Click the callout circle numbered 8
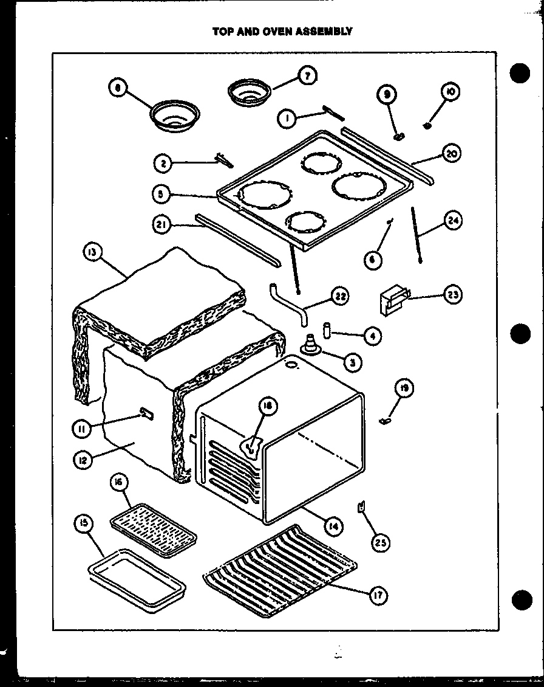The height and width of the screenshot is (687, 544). coord(118,89)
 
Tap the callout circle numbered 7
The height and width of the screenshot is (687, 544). coord(307,76)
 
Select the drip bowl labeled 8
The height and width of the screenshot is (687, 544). coord(175,116)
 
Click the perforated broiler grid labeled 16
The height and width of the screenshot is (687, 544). coord(154,526)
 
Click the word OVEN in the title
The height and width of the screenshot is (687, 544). coord(262,31)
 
